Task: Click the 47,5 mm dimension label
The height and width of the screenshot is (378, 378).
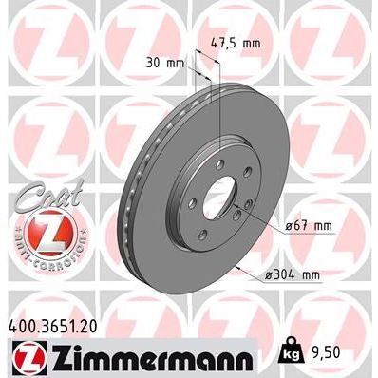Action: [x=236, y=43]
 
